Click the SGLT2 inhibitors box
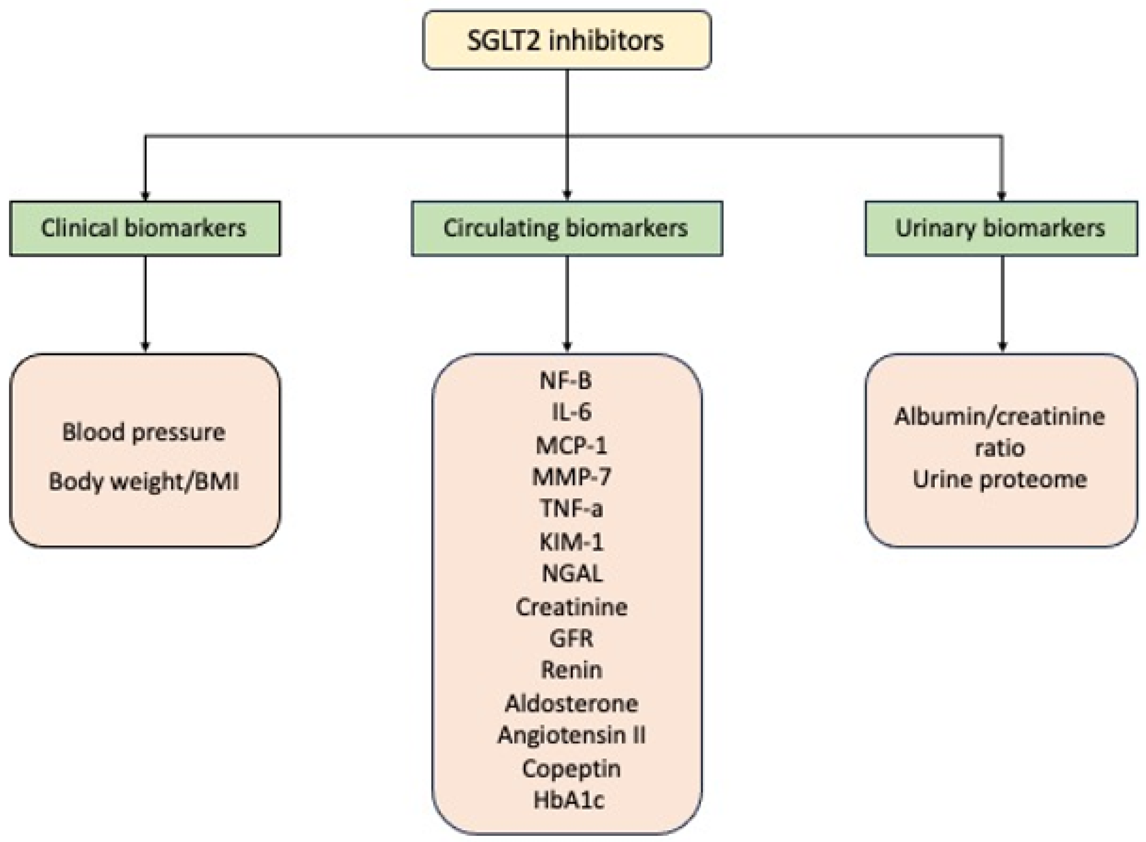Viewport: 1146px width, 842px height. tap(566, 40)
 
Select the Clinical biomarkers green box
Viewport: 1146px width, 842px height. tap(145, 228)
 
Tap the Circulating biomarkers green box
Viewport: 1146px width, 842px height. tap(566, 228)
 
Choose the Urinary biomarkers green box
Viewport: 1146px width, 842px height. tap(1001, 228)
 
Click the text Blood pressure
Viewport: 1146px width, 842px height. tap(144, 433)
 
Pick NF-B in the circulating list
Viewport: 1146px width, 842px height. tap(566, 381)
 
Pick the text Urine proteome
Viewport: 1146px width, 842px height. tap(1000, 480)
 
